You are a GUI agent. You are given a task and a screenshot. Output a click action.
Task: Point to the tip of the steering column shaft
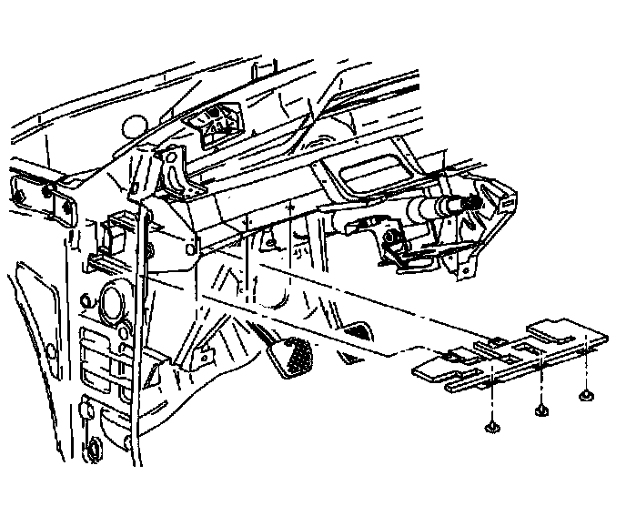click(477, 201)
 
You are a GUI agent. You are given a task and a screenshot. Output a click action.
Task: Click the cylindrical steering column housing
click(432, 207)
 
